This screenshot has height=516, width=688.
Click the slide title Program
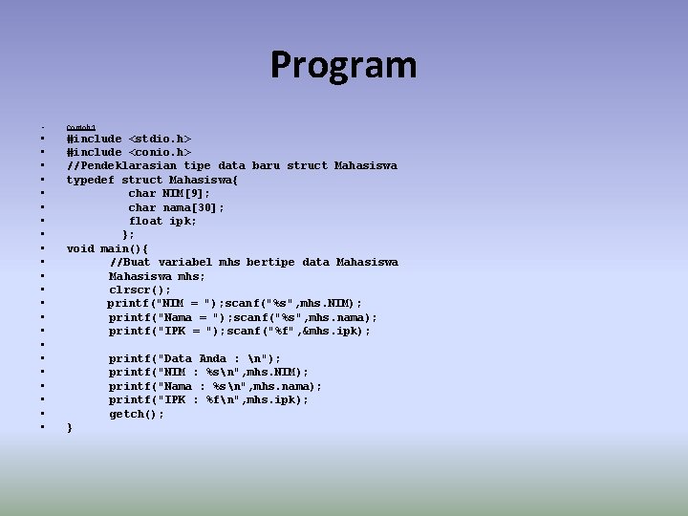(x=343, y=65)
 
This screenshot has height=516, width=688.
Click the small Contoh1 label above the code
(x=80, y=127)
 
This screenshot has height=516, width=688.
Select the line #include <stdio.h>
(x=128, y=139)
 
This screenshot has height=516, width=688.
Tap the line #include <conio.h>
(x=128, y=152)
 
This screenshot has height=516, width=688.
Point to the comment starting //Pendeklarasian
(x=231, y=165)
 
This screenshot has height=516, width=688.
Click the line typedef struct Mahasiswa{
(x=153, y=180)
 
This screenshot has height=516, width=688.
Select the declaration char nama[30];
(x=176, y=207)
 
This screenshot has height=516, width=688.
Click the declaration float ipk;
(x=162, y=221)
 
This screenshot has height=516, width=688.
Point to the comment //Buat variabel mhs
(x=253, y=262)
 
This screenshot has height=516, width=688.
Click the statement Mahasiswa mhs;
(x=157, y=276)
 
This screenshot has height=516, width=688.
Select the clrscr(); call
(x=140, y=290)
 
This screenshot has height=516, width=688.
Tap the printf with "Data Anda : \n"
(x=195, y=358)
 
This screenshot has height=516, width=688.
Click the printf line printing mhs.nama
(x=215, y=386)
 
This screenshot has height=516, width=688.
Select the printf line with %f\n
(x=208, y=399)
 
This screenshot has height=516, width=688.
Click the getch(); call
(x=136, y=414)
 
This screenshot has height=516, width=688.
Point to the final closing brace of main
(x=70, y=428)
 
